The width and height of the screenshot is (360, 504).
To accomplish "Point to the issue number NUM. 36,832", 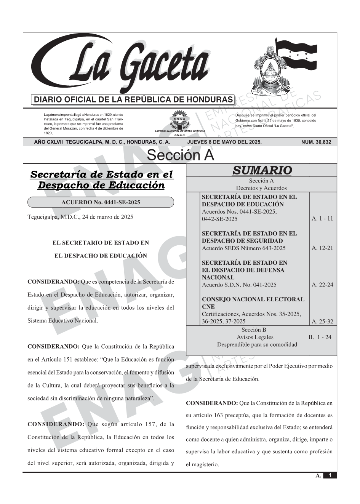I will [316, 142].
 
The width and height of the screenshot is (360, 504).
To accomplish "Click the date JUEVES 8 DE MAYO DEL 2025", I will [224, 142].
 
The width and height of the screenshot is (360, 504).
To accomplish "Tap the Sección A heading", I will [180, 155].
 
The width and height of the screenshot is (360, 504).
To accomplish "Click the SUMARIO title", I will [262, 170].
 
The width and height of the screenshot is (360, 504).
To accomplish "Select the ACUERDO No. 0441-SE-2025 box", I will [101, 202].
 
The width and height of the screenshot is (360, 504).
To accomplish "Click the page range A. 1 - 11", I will [322, 219].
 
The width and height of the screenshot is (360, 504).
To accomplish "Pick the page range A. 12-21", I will [322, 248].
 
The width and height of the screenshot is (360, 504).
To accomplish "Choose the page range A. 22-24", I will [322, 285].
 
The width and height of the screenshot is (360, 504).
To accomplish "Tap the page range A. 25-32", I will [322, 322].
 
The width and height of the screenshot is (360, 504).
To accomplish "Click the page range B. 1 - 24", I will [320, 337].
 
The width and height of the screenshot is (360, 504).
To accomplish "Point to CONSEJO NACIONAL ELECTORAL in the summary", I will [253, 299].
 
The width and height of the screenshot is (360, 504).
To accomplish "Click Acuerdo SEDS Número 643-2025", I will [243, 248].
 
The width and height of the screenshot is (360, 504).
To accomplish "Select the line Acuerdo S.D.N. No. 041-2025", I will [239, 285].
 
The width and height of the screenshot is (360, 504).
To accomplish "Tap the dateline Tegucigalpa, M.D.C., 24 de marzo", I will [80, 217].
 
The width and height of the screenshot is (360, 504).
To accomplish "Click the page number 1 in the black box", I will [330, 475].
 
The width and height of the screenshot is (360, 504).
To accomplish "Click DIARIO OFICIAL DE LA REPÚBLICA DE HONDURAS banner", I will [133, 100].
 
